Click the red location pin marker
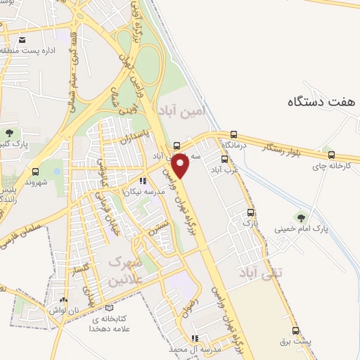point(181,165)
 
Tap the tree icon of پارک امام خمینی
point(301,217)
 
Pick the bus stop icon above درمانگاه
point(233,134)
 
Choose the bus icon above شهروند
point(36,171)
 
